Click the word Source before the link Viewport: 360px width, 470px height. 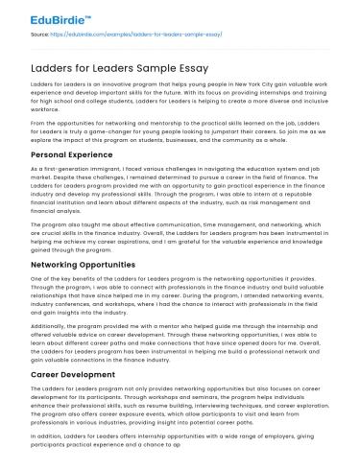tap(40, 33)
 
